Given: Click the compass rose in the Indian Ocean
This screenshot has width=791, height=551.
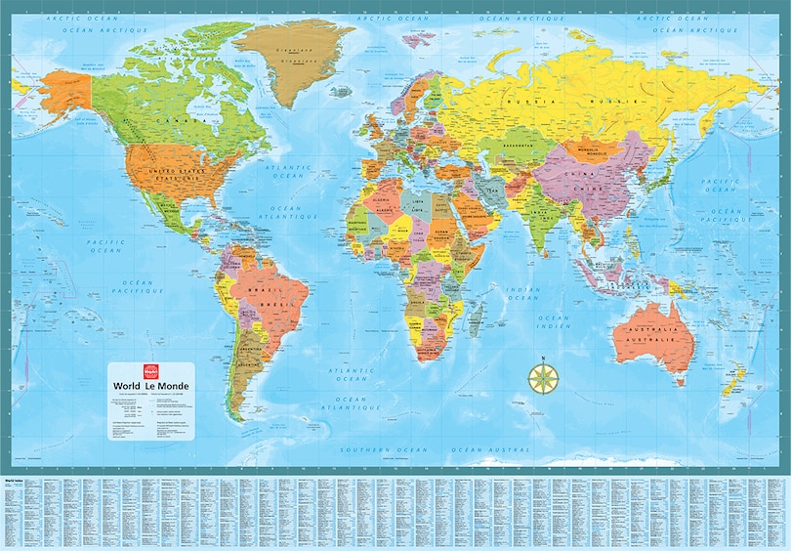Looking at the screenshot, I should click(539, 377).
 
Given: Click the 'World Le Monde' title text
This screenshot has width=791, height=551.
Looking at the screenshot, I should click(152, 385).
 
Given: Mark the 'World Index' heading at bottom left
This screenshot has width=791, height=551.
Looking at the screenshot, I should click(14, 482).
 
